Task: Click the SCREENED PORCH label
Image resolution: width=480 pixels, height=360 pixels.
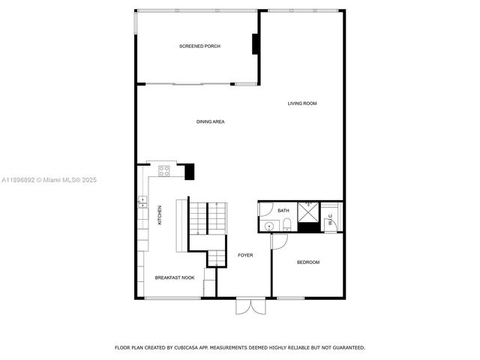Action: pyautogui.click(x=199, y=46)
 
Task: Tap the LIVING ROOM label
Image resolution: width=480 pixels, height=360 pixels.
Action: pyautogui.click(x=302, y=103)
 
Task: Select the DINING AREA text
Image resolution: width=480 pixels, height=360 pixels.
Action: pyautogui.click(x=211, y=121)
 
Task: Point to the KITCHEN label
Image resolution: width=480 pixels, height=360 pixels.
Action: pyautogui.click(x=160, y=215)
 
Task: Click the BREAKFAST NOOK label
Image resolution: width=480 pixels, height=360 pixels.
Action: pyautogui.click(x=175, y=277)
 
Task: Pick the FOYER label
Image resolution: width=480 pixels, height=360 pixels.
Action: pyautogui.click(x=245, y=255)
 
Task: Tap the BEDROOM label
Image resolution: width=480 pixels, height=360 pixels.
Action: pyautogui.click(x=308, y=262)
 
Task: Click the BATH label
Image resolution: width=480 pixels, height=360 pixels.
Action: pyautogui.click(x=283, y=211)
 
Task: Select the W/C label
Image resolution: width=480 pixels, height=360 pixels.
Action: pyautogui.click(x=330, y=220)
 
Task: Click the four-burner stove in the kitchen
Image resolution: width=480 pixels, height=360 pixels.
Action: pyautogui.click(x=163, y=172)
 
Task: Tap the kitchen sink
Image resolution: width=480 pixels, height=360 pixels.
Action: pyautogui.click(x=140, y=200)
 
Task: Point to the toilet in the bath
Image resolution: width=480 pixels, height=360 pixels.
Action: pyautogui.click(x=286, y=224)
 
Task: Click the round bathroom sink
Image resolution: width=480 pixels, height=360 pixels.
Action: pyautogui.click(x=268, y=226)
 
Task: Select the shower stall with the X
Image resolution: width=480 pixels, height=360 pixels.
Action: pyautogui.click(x=307, y=212)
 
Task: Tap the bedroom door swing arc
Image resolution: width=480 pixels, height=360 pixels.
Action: pyautogui.click(x=279, y=241)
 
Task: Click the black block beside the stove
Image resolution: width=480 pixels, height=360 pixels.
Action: pyautogui.click(x=189, y=171)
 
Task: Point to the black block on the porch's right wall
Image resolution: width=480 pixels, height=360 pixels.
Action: pyautogui.click(x=256, y=45)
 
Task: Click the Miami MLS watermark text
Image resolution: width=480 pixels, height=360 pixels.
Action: pyautogui.click(x=49, y=180)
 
